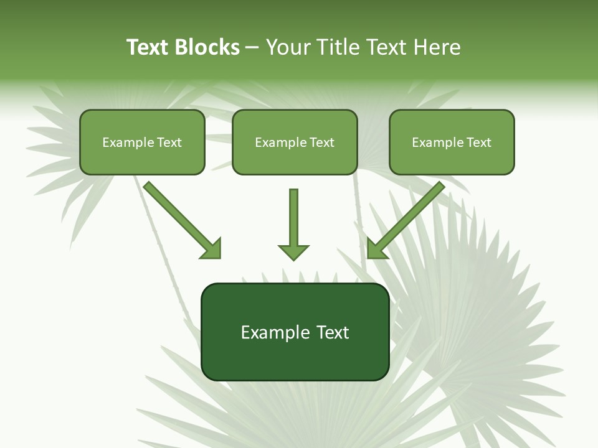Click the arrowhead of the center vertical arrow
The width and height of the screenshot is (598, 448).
pos(293,251)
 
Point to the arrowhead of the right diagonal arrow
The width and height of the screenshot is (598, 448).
pos(377,248)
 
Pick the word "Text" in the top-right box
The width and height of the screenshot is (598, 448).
pos(479,142)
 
